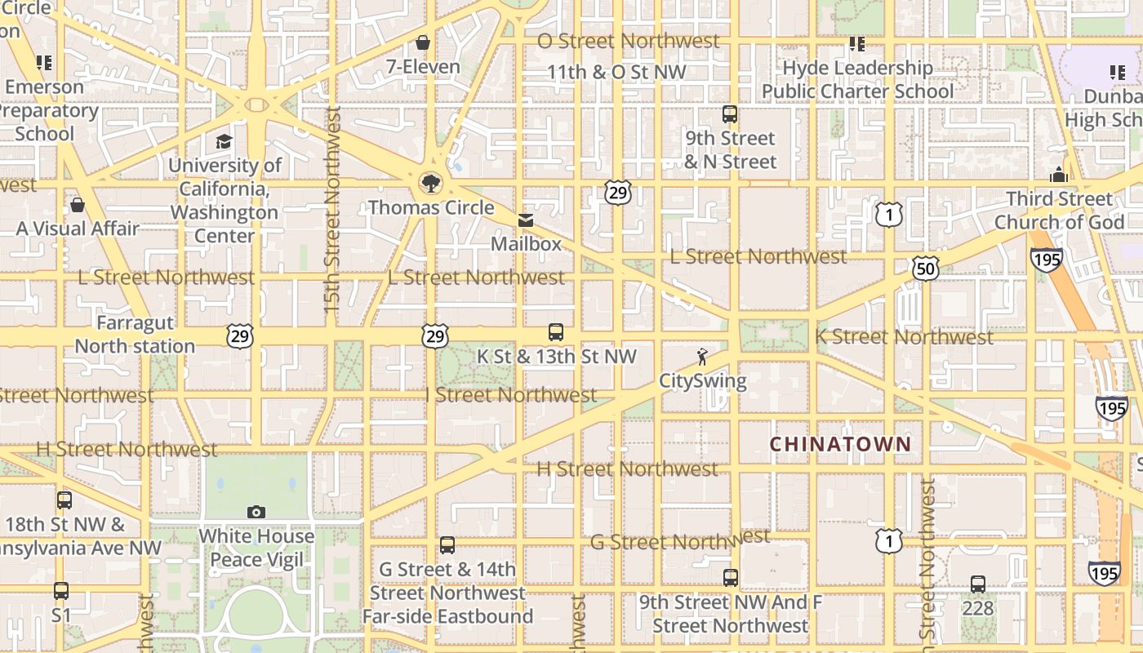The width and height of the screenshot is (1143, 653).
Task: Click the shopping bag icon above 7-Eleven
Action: click(x=423, y=42)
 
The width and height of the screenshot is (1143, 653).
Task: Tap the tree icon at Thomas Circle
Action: click(x=429, y=183)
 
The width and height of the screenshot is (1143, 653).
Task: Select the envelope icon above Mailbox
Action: click(x=526, y=220)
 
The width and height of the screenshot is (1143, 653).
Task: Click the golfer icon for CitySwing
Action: click(x=702, y=357)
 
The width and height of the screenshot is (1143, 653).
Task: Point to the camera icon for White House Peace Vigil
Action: click(x=256, y=512)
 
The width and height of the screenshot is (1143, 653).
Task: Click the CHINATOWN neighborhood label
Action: click(x=840, y=444)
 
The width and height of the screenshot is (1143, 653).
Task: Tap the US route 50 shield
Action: click(x=926, y=268)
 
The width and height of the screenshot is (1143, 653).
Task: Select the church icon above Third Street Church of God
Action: click(x=1059, y=175)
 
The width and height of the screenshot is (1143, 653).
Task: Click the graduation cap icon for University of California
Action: click(x=224, y=142)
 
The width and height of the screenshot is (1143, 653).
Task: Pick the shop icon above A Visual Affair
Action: click(x=78, y=204)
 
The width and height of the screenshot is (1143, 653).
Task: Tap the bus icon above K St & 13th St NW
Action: click(x=556, y=332)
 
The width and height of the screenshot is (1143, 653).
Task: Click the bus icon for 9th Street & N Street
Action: click(x=730, y=114)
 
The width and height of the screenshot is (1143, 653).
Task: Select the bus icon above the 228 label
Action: click(x=978, y=584)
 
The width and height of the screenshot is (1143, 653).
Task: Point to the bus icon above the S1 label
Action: click(x=61, y=590)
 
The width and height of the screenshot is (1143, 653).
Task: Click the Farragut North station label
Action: click(x=135, y=335)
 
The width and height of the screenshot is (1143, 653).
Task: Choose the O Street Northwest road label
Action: click(x=628, y=41)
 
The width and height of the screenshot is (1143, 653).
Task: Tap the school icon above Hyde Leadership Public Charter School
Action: click(x=856, y=43)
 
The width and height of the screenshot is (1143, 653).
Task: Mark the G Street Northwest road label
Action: click(x=679, y=540)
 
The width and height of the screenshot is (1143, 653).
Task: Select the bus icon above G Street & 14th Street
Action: click(x=447, y=545)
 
